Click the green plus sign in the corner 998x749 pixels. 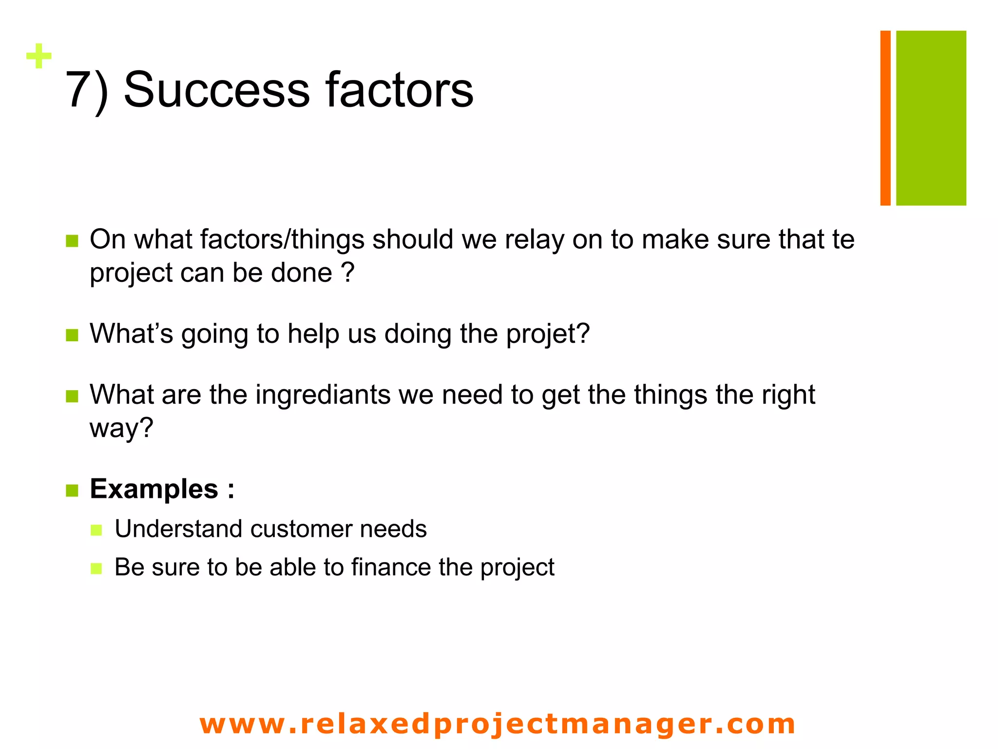click(x=39, y=56)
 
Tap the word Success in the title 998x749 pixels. click(x=216, y=90)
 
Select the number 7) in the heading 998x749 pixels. click(x=87, y=90)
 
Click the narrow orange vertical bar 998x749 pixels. click(x=885, y=118)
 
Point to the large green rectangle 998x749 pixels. click(x=931, y=118)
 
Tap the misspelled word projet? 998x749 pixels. click(x=548, y=335)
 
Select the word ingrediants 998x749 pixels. click(x=323, y=394)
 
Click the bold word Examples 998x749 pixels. click(x=154, y=489)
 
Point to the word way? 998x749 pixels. click(x=121, y=428)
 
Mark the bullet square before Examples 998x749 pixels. click(x=72, y=491)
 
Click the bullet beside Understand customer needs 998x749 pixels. click(x=96, y=530)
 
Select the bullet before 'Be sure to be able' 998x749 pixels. click(x=96, y=569)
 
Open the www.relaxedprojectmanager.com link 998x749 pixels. click(x=498, y=724)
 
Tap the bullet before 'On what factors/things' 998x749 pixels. click(x=72, y=241)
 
